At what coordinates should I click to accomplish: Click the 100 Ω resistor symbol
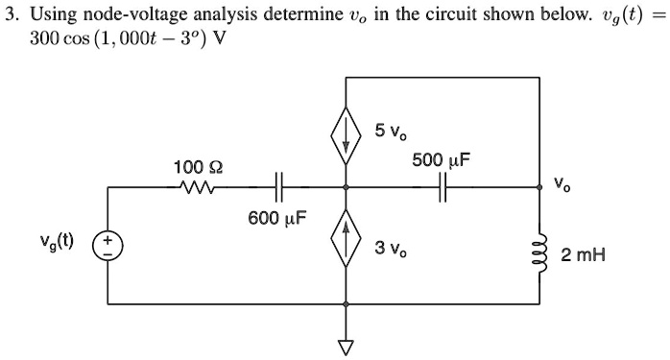(x=196, y=186)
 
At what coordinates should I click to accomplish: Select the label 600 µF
(x=277, y=219)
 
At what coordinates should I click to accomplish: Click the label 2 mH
(x=586, y=255)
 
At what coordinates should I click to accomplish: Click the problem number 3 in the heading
(x=9, y=14)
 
